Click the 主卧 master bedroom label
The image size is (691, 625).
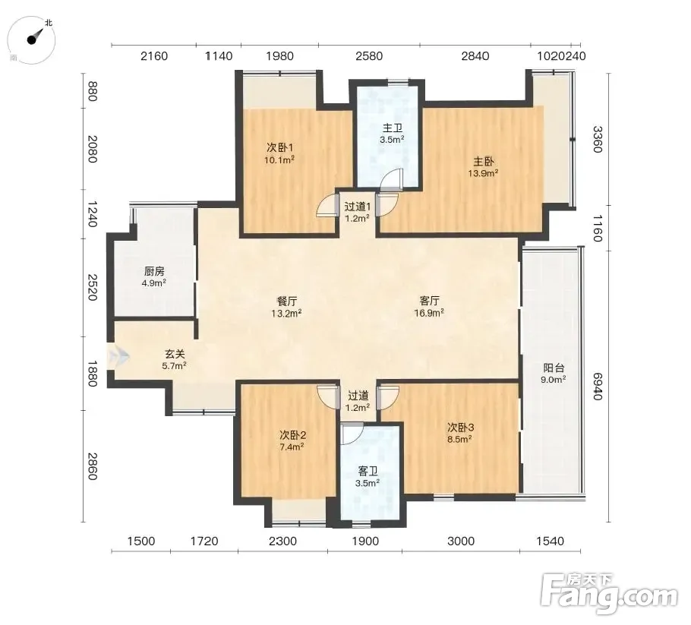click(x=484, y=161)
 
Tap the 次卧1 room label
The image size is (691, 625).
click(x=280, y=147)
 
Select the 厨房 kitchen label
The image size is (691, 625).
click(x=154, y=271)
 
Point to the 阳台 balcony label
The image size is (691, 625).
click(x=554, y=368)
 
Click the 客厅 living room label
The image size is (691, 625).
click(x=429, y=301)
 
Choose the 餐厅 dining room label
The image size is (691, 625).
click(x=286, y=301)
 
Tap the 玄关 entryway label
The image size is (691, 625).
click(x=175, y=353)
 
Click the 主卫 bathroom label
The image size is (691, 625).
click(x=393, y=128)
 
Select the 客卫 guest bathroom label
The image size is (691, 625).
click(x=368, y=471)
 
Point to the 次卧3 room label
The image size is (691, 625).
click(x=460, y=427)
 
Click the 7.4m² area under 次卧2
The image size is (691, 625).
click(x=292, y=447)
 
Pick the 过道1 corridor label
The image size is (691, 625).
click(x=358, y=207)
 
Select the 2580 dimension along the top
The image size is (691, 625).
click(x=369, y=56)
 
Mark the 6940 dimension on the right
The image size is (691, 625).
click(x=597, y=387)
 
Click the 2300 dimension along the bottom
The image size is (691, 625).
click(x=282, y=541)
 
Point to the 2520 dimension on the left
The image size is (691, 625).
click(x=93, y=287)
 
